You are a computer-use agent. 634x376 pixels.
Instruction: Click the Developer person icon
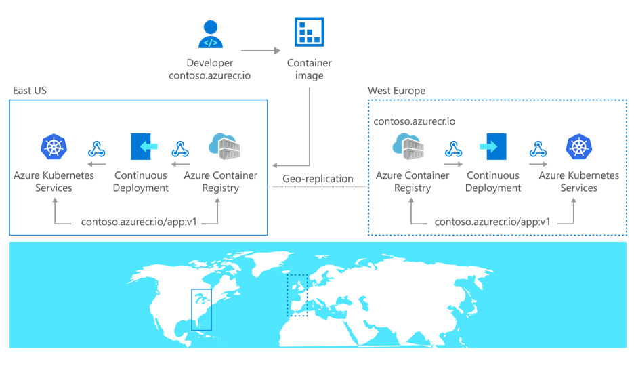210,35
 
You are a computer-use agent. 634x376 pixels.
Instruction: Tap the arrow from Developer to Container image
261,49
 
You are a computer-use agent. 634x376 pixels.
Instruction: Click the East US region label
30,90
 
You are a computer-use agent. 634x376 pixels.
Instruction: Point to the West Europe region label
396,90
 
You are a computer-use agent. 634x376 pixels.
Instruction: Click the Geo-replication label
318,179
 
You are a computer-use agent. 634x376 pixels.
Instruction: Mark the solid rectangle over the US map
201,309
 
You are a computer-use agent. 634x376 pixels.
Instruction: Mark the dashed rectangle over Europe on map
297,295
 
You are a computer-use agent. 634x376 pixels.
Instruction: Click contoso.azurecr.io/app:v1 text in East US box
138,222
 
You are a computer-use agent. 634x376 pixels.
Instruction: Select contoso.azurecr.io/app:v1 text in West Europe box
492,222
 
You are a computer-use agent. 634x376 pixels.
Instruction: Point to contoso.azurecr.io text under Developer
209,75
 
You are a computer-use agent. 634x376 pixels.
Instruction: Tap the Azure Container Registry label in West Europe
412,182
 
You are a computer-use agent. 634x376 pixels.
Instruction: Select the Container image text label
309,69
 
